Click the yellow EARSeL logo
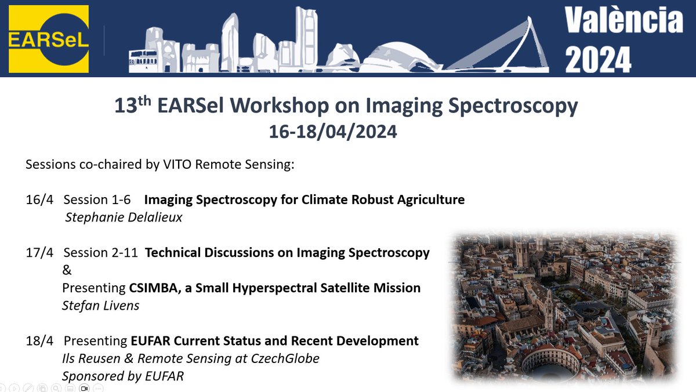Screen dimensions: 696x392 point(49,39)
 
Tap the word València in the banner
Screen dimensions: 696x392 point(623,20)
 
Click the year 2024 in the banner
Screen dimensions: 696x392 point(598,60)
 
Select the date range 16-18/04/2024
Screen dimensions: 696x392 point(333,132)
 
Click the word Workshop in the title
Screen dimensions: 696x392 point(280,106)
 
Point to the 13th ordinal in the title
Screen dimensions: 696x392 point(133,105)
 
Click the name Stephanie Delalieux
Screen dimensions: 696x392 point(124,217)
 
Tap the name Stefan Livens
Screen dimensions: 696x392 point(101,306)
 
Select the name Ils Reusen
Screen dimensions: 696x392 point(91,358)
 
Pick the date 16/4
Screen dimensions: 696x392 point(39,199)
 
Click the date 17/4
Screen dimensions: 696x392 point(39,252)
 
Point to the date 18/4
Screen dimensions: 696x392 point(39,341)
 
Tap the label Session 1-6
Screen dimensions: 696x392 point(97,199)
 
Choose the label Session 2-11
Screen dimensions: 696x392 point(101,252)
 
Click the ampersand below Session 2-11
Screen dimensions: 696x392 point(67,270)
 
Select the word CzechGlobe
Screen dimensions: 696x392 point(285,358)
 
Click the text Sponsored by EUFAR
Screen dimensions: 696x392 point(123,376)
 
